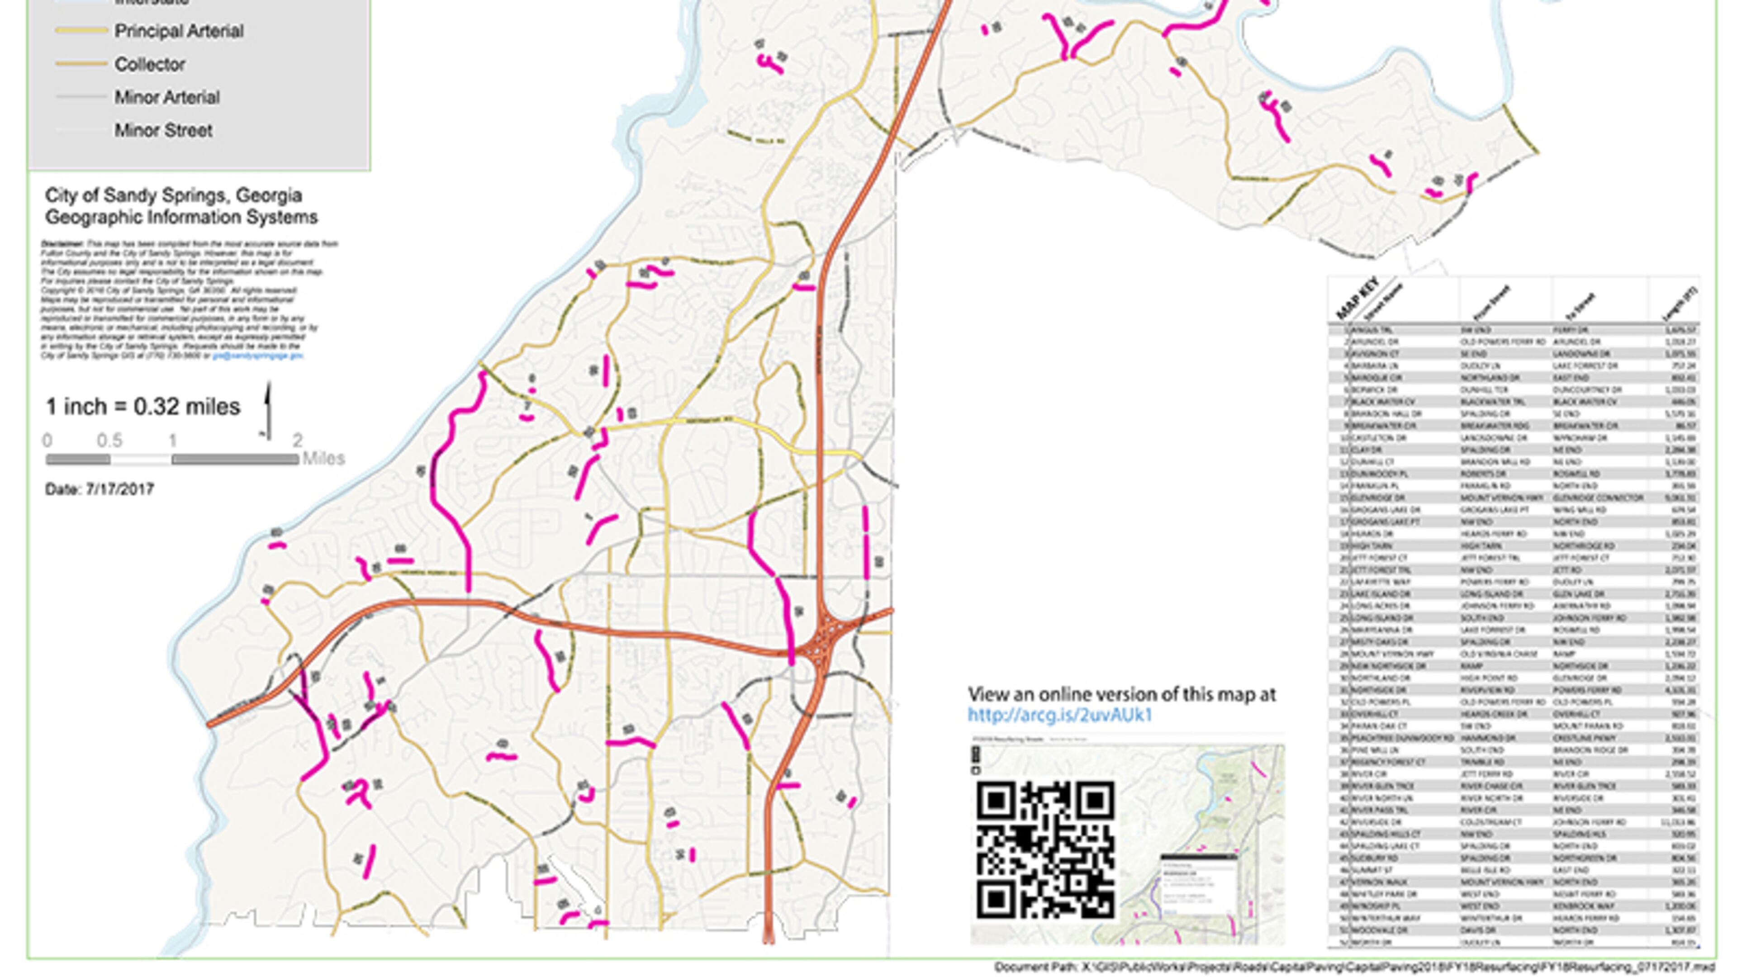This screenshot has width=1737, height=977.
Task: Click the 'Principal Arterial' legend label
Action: [179, 31]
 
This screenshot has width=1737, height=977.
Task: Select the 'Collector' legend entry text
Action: [150, 65]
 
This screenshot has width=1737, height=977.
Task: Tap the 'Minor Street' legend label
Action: [163, 130]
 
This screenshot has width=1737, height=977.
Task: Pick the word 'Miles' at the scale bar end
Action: [324, 459]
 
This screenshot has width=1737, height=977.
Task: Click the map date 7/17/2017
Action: [119, 489]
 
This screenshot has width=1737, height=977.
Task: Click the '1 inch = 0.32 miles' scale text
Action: [142, 407]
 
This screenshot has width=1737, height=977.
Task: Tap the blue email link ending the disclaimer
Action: [257, 356]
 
